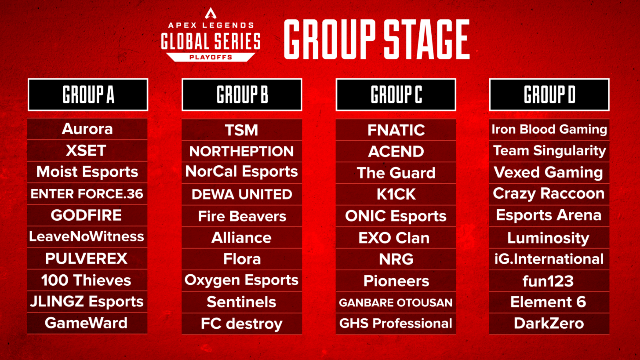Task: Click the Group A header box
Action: [88, 95]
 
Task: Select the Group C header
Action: [396, 95]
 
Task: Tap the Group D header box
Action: [549, 95]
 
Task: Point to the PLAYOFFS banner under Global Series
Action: [211, 56]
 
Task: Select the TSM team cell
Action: [242, 130]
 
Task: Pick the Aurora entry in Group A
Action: [87, 129]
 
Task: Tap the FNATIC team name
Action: [396, 130]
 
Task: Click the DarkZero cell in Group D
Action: [549, 324]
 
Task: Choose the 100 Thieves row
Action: [87, 280]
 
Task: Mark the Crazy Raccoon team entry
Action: [549, 194]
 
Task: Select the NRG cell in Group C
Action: [396, 259]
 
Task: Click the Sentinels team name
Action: [242, 302]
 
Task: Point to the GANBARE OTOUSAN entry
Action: [396, 302]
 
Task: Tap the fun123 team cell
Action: [549, 280]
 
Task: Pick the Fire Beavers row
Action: [242, 216]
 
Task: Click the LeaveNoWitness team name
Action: [87, 237]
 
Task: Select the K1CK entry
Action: [396, 194]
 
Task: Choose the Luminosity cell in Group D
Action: [549, 238]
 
